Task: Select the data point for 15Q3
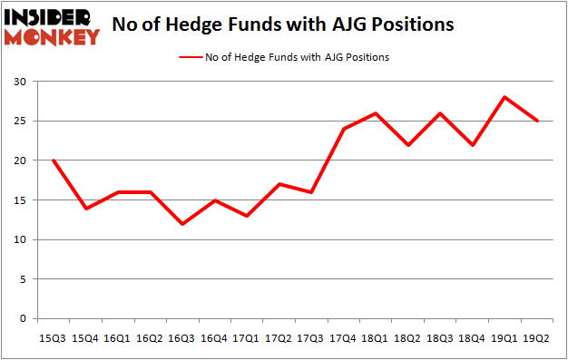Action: pos(54,161)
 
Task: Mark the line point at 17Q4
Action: pos(343,129)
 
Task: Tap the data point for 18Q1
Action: pos(375,112)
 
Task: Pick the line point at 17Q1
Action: pos(247,216)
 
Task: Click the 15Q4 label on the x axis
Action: pos(86,338)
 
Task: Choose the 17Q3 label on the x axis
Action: pos(311,338)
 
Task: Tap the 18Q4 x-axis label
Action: pos(472,338)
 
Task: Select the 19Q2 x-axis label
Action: pos(536,338)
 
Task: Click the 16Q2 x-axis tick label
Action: pos(151,338)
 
